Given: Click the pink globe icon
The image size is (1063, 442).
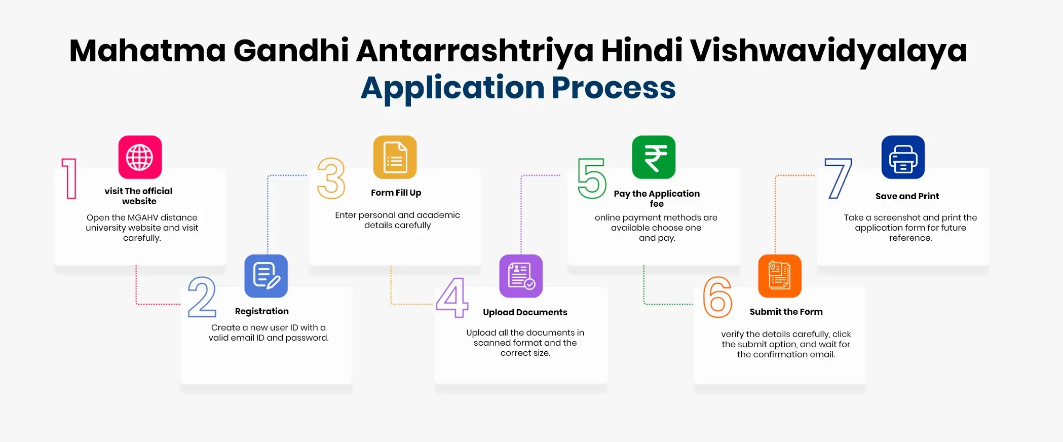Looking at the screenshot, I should tap(140, 157).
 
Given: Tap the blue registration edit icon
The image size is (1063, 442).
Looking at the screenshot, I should tap(266, 276).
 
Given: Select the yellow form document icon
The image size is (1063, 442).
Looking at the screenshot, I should tap(395, 157).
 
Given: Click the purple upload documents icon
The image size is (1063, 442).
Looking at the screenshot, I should tap(521, 276).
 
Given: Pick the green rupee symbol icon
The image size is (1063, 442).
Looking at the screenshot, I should tap(654, 157).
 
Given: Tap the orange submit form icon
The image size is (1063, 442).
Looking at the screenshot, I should tap(780, 276).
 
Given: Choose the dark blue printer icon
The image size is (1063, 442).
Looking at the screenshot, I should tap(903, 157).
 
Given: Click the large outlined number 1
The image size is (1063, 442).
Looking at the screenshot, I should tap(69, 178).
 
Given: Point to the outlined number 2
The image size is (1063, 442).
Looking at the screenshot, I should tap(202, 297).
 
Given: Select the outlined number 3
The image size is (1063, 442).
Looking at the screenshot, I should tap(331, 178).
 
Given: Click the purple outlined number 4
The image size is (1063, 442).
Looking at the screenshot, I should tap(452, 298).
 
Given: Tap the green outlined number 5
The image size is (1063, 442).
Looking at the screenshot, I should tap(592, 178).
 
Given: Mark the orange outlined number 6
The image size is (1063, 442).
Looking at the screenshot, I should tap(717, 297).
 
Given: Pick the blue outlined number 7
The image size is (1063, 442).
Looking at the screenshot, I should tap(839, 178).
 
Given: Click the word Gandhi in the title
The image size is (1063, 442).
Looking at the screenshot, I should tap(291, 51).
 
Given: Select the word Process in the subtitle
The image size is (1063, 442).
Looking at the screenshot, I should tap(614, 88).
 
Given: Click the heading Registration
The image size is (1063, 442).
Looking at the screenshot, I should tap(261, 311).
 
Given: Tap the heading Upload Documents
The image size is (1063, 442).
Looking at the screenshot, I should tap(525, 312).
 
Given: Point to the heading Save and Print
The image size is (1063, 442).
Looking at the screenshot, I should tap(907, 196).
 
